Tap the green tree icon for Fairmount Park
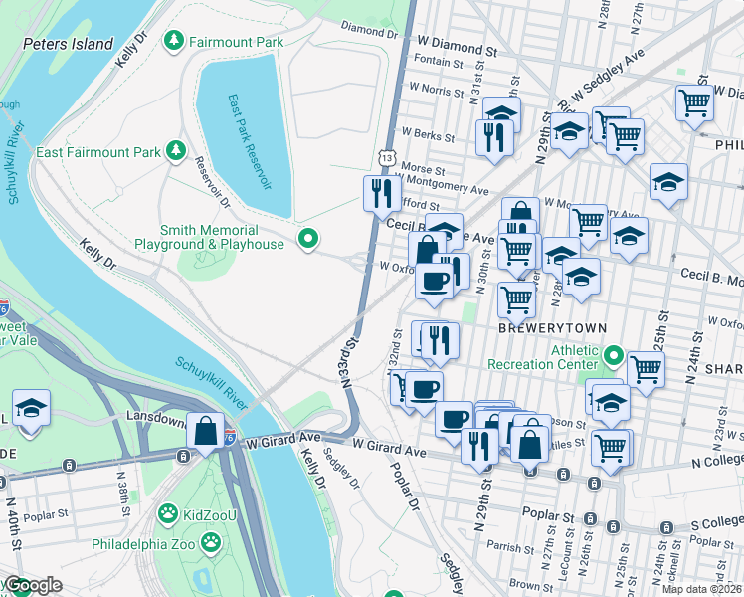175,41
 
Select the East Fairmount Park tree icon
176,151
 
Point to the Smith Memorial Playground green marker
308,240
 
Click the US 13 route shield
387,157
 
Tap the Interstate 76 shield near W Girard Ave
228,436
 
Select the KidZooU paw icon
167,514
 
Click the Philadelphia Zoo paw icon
211,543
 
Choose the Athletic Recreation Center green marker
614,355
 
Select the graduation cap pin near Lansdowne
31,408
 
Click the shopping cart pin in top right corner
693,101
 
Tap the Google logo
33,585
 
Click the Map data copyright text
702,588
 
